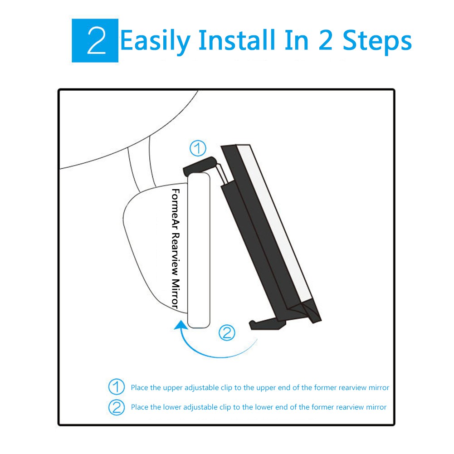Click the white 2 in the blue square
tap(97, 40)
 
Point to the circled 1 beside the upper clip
tap(198, 148)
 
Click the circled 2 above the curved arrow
tap(227, 332)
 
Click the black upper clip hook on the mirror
tap(200, 166)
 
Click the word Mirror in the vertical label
tap(176, 294)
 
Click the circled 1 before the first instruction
tap(117, 387)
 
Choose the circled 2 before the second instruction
tap(117, 407)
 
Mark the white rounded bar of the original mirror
tap(199, 250)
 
